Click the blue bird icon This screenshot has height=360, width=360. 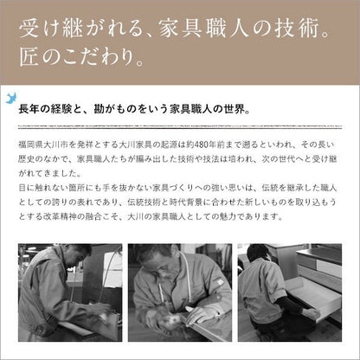tap(11, 98)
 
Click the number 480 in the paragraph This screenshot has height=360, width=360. tap(202, 145)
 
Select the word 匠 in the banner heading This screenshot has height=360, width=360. tap(29, 57)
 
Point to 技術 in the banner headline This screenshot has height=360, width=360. tap(297, 29)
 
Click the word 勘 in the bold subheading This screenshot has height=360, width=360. tap(99, 109)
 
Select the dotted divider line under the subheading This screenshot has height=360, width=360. tap(180, 127)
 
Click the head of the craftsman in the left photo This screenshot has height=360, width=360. tap(77, 254)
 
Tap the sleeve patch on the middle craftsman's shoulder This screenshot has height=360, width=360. tap(218, 281)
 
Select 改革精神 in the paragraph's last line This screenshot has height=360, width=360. tap(60, 216)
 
